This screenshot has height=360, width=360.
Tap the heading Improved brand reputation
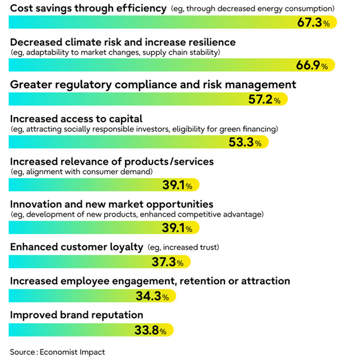(x=76, y=315)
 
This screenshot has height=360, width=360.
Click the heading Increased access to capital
(x=76, y=119)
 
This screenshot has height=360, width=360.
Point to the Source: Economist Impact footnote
(x=57, y=352)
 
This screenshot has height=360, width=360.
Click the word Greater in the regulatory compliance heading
(x=29, y=84)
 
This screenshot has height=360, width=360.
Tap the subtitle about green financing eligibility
(x=144, y=129)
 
